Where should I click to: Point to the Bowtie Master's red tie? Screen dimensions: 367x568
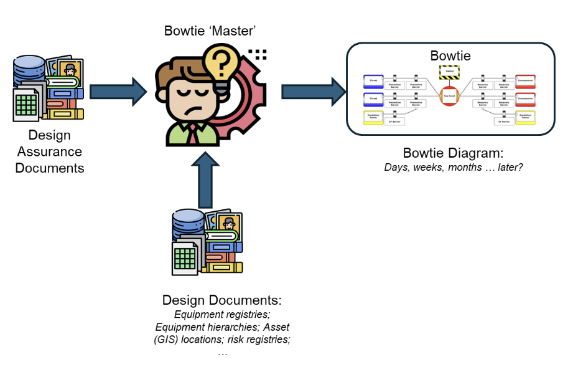(x=194, y=133)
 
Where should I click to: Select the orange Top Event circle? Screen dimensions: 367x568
(x=449, y=97)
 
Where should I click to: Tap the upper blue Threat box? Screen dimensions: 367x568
(x=374, y=81)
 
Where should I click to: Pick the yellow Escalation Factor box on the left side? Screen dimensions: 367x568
(x=374, y=117)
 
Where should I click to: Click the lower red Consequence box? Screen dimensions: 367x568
(x=526, y=98)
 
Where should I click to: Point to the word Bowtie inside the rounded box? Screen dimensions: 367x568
(x=450, y=56)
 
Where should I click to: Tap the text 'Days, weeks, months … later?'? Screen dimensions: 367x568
(x=454, y=167)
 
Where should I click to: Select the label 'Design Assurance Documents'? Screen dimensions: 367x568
(x=50, y=151)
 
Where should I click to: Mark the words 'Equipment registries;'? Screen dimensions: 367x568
(x=222, y=315)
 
